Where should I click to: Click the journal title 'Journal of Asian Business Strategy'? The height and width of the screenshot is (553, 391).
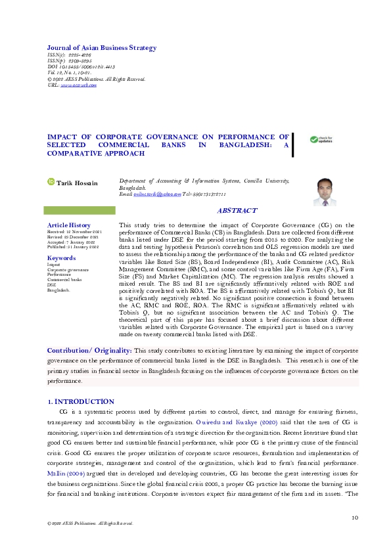(101, 48)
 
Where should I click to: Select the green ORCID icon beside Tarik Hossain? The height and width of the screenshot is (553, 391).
(51, 182)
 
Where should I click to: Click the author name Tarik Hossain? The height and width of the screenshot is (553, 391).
(78, 183)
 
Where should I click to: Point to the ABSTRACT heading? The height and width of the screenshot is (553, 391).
(237, 211)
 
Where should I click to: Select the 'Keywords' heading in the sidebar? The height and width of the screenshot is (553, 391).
(61, 258)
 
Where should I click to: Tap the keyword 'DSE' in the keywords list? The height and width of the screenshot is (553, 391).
(51, 284)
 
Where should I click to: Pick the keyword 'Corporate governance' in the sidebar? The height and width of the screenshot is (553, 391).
(68, 270)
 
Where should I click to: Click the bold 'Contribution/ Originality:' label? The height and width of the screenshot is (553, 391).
(90, 352)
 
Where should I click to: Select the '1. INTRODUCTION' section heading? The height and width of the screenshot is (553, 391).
(80, 401)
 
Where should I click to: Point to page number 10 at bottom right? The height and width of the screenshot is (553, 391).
(355, 518)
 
